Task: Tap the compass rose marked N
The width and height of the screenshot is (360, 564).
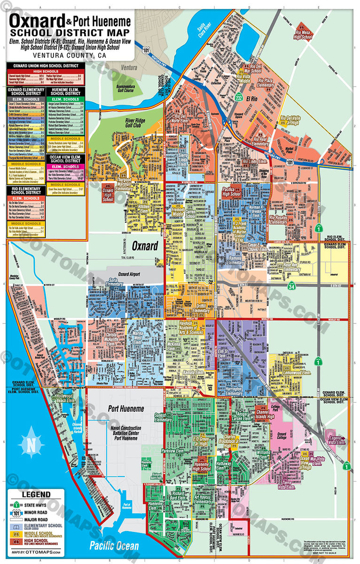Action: pyautogui.click(x=31, y=444)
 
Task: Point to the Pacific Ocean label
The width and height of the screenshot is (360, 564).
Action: pyautogui.click(x=115, y=545)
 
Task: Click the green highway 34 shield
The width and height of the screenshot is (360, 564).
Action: pyautogui.click(x=291, y=286)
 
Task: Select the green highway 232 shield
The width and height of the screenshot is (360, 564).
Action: pyautogui.click(x=239, y=97)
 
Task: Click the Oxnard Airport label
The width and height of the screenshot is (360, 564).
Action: pyautogui.click(x=123, y=274)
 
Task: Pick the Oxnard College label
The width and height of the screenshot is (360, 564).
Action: pyautogui.click(x=282, y=437)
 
